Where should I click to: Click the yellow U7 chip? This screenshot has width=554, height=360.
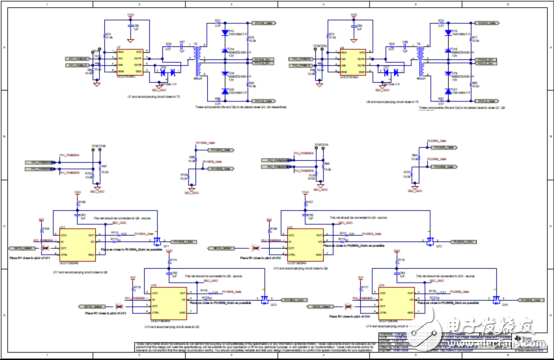pos(129,61)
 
